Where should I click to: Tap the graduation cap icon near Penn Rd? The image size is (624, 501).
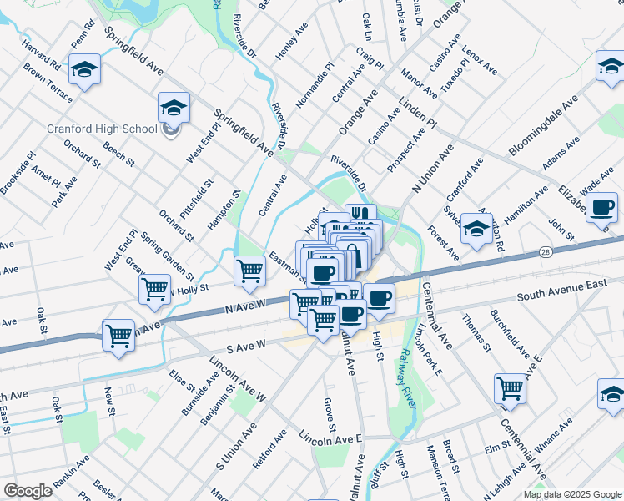[84, 69]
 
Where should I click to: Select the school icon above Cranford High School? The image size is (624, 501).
[174, 108]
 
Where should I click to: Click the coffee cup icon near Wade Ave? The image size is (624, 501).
[601, 206]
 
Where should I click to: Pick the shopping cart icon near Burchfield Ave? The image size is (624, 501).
[510, 387]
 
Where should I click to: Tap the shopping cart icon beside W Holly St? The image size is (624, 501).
[154, 289]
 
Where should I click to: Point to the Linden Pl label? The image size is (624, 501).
[418, 110]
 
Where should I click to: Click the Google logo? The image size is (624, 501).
[28, 491]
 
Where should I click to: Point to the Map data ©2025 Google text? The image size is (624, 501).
[571, 494]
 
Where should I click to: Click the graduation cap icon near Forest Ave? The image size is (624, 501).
[476, 228]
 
